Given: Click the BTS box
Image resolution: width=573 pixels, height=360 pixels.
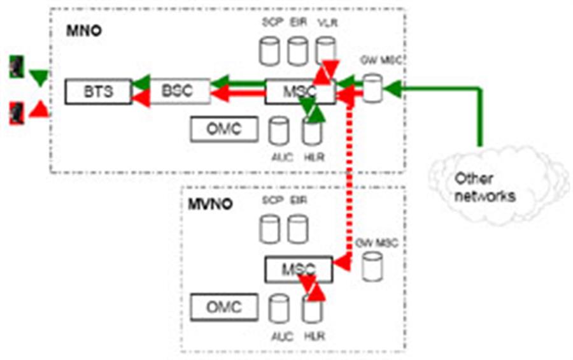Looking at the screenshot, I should (98, 92).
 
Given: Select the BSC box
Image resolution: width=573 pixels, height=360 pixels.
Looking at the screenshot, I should (177, 90).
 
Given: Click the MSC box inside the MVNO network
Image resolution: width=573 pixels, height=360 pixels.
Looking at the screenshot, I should (297, 270).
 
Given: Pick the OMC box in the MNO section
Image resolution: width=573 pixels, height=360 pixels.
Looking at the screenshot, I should (224, 129).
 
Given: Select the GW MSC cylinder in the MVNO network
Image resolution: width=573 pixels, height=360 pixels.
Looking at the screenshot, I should (372, 267).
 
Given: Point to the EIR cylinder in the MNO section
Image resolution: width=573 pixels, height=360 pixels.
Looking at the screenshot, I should (297, 51).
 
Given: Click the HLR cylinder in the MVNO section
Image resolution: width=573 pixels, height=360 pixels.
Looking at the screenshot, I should (311, 310).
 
